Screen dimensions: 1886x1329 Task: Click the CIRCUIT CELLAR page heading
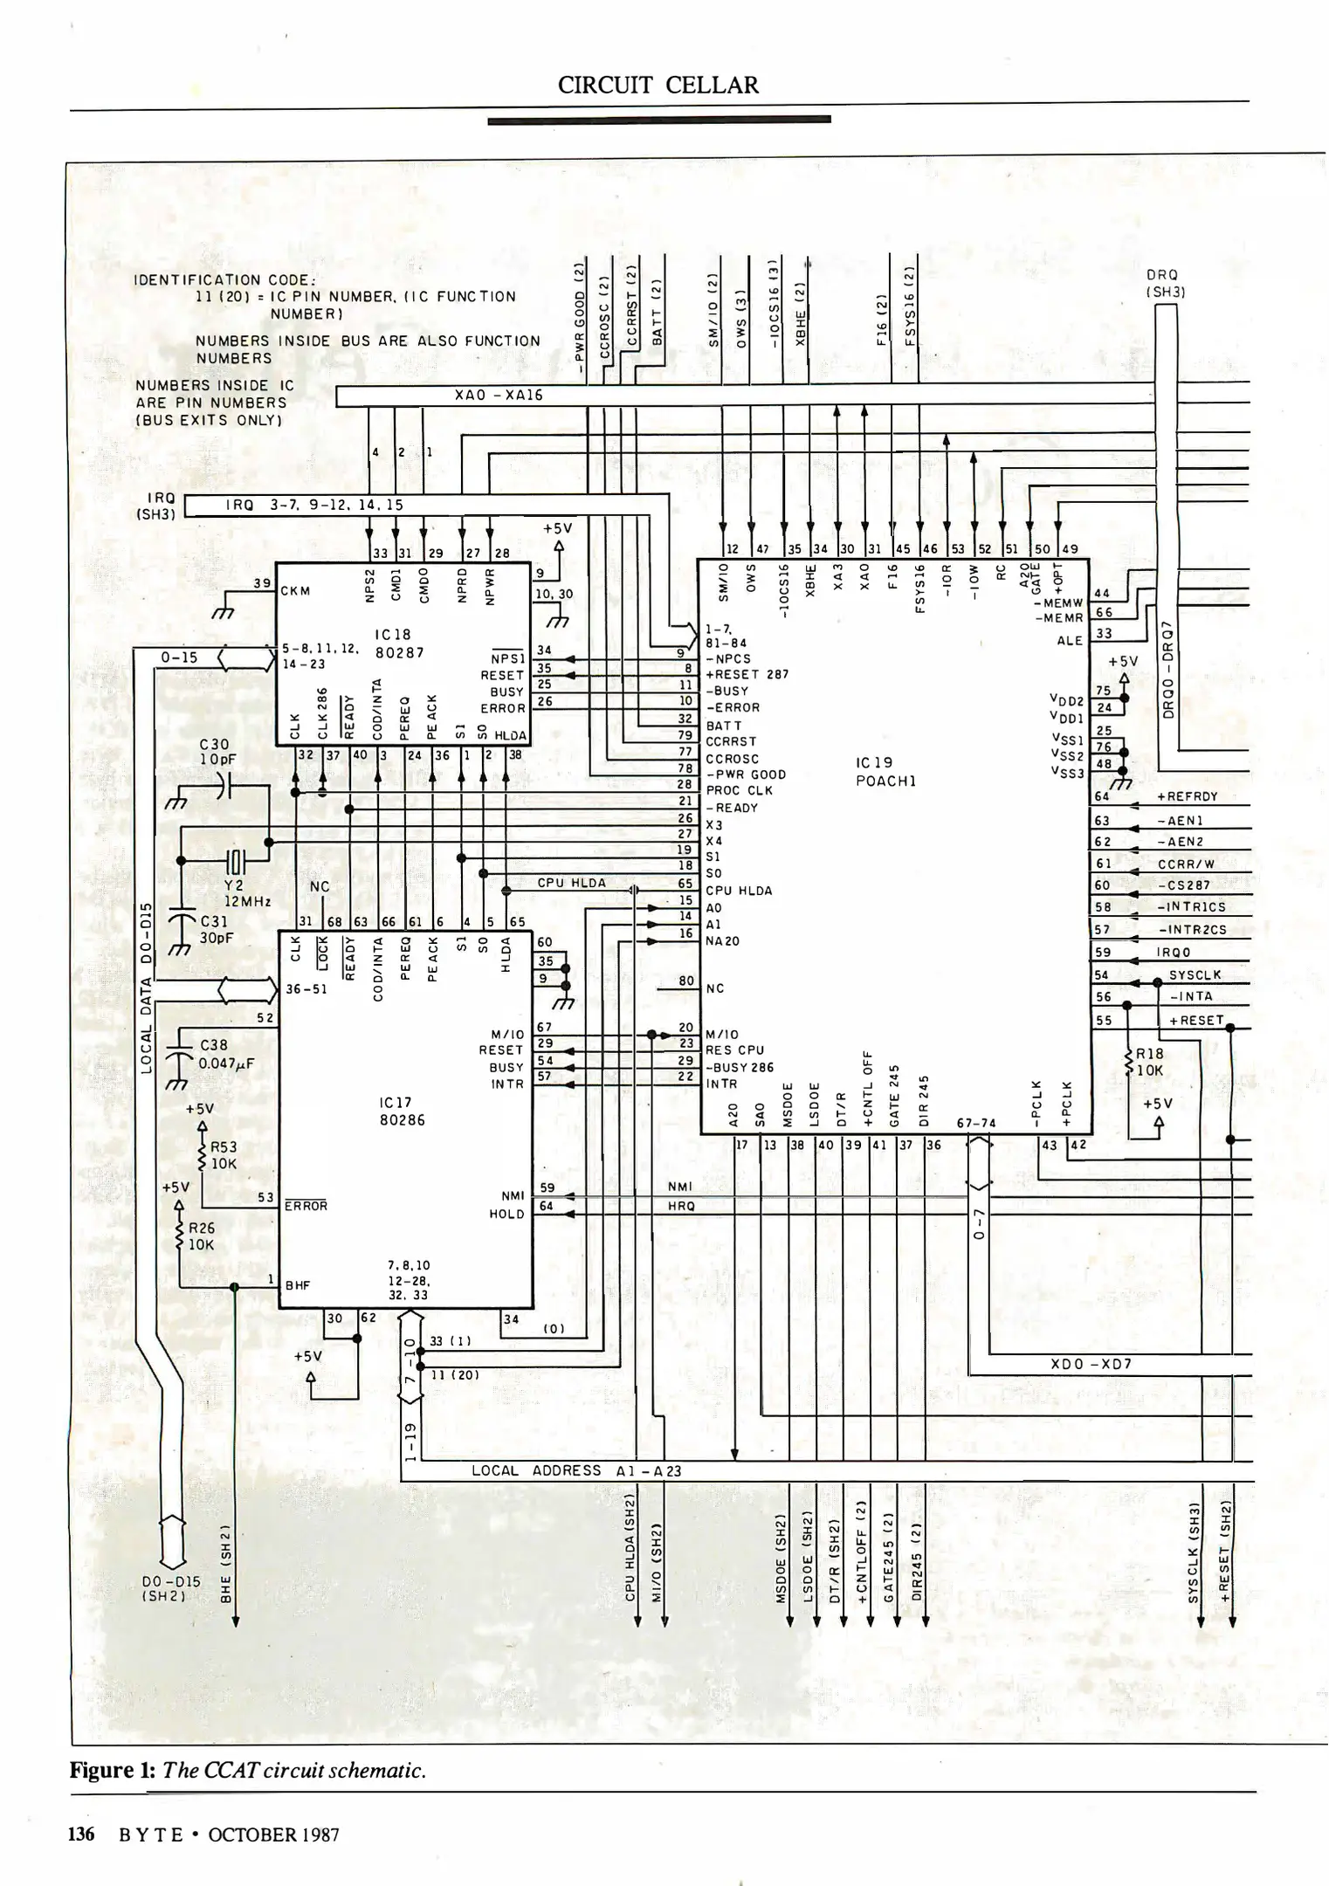pos(658,86)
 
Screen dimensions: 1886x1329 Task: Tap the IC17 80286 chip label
pos(402,1112)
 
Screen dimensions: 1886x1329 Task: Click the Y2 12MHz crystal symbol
pos(237,861)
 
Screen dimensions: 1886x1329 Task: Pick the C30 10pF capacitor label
pos(215,752)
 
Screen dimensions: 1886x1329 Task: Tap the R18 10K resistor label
pos(1149,1062)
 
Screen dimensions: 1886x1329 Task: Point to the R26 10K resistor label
pos(202,1236)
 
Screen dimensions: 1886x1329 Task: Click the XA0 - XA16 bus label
pos(499,396)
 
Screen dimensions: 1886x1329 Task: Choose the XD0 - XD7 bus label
pos(1091,1364)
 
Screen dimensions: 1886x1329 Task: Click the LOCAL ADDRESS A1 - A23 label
pos(575,1470)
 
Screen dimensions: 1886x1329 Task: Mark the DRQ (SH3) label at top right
pos(1165,284)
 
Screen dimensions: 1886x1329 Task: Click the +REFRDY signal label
pos(1187,796)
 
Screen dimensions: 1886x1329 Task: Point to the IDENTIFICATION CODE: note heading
pos(224,280)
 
